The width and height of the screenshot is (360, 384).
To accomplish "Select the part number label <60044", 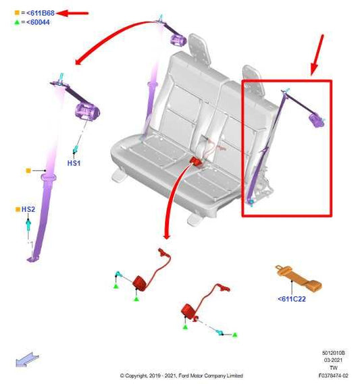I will (38, 22).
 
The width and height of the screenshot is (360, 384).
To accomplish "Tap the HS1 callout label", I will (74, 164).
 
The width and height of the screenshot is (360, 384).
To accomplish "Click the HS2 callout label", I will (28, 210).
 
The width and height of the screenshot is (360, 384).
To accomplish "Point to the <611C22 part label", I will (292, 299).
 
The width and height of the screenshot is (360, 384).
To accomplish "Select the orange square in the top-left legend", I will (17, 13).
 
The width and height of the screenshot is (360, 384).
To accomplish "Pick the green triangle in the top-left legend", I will (17, 22).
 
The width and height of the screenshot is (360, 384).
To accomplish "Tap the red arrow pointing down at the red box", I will (317, 55).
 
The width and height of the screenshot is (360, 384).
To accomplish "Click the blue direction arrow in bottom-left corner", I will (27, 359).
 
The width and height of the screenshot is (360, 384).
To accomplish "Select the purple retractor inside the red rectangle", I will (315, 120).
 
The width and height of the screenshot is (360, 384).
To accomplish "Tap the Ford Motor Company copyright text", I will (181, 376).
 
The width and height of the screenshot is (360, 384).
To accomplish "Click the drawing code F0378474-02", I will (334, 376).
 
